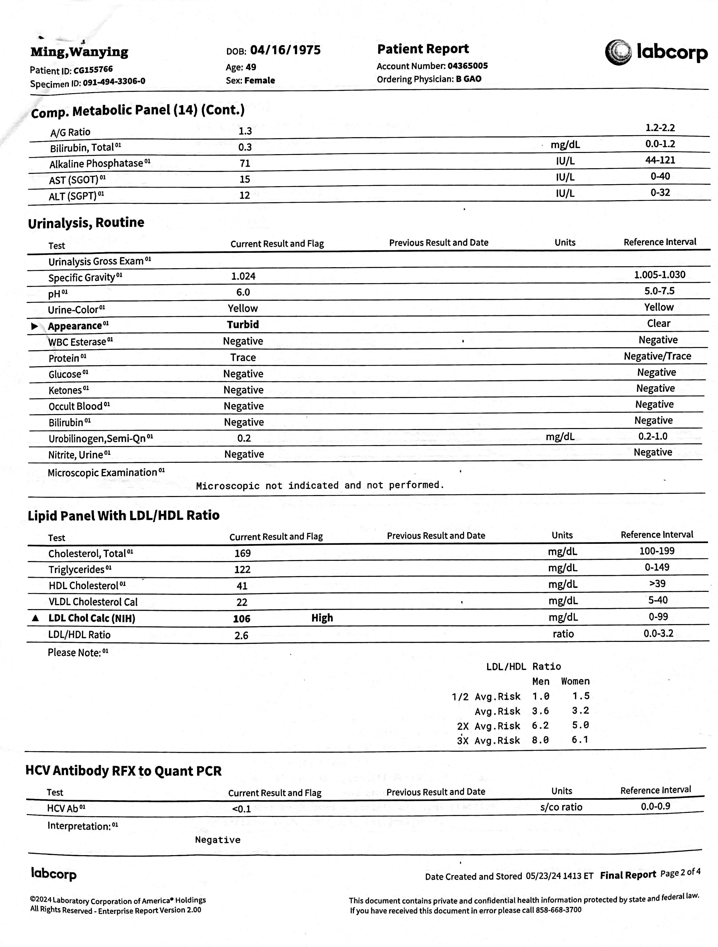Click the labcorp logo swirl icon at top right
click(618, 53)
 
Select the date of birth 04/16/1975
click(285, 50)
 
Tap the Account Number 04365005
click(467, 66)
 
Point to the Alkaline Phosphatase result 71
click(245, 163)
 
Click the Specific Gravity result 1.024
click(243, 276)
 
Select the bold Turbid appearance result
click(243, 325)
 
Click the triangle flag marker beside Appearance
click(35, 326)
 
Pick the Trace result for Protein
click(243, 357)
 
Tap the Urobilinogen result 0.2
click(244, 438)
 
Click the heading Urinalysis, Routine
click(86, 223)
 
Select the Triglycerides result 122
click(242, 569)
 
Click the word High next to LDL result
click(322, 618)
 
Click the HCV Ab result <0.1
click(241, 809)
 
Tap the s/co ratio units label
click(561, 807)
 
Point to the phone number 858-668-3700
click(558, 910)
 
